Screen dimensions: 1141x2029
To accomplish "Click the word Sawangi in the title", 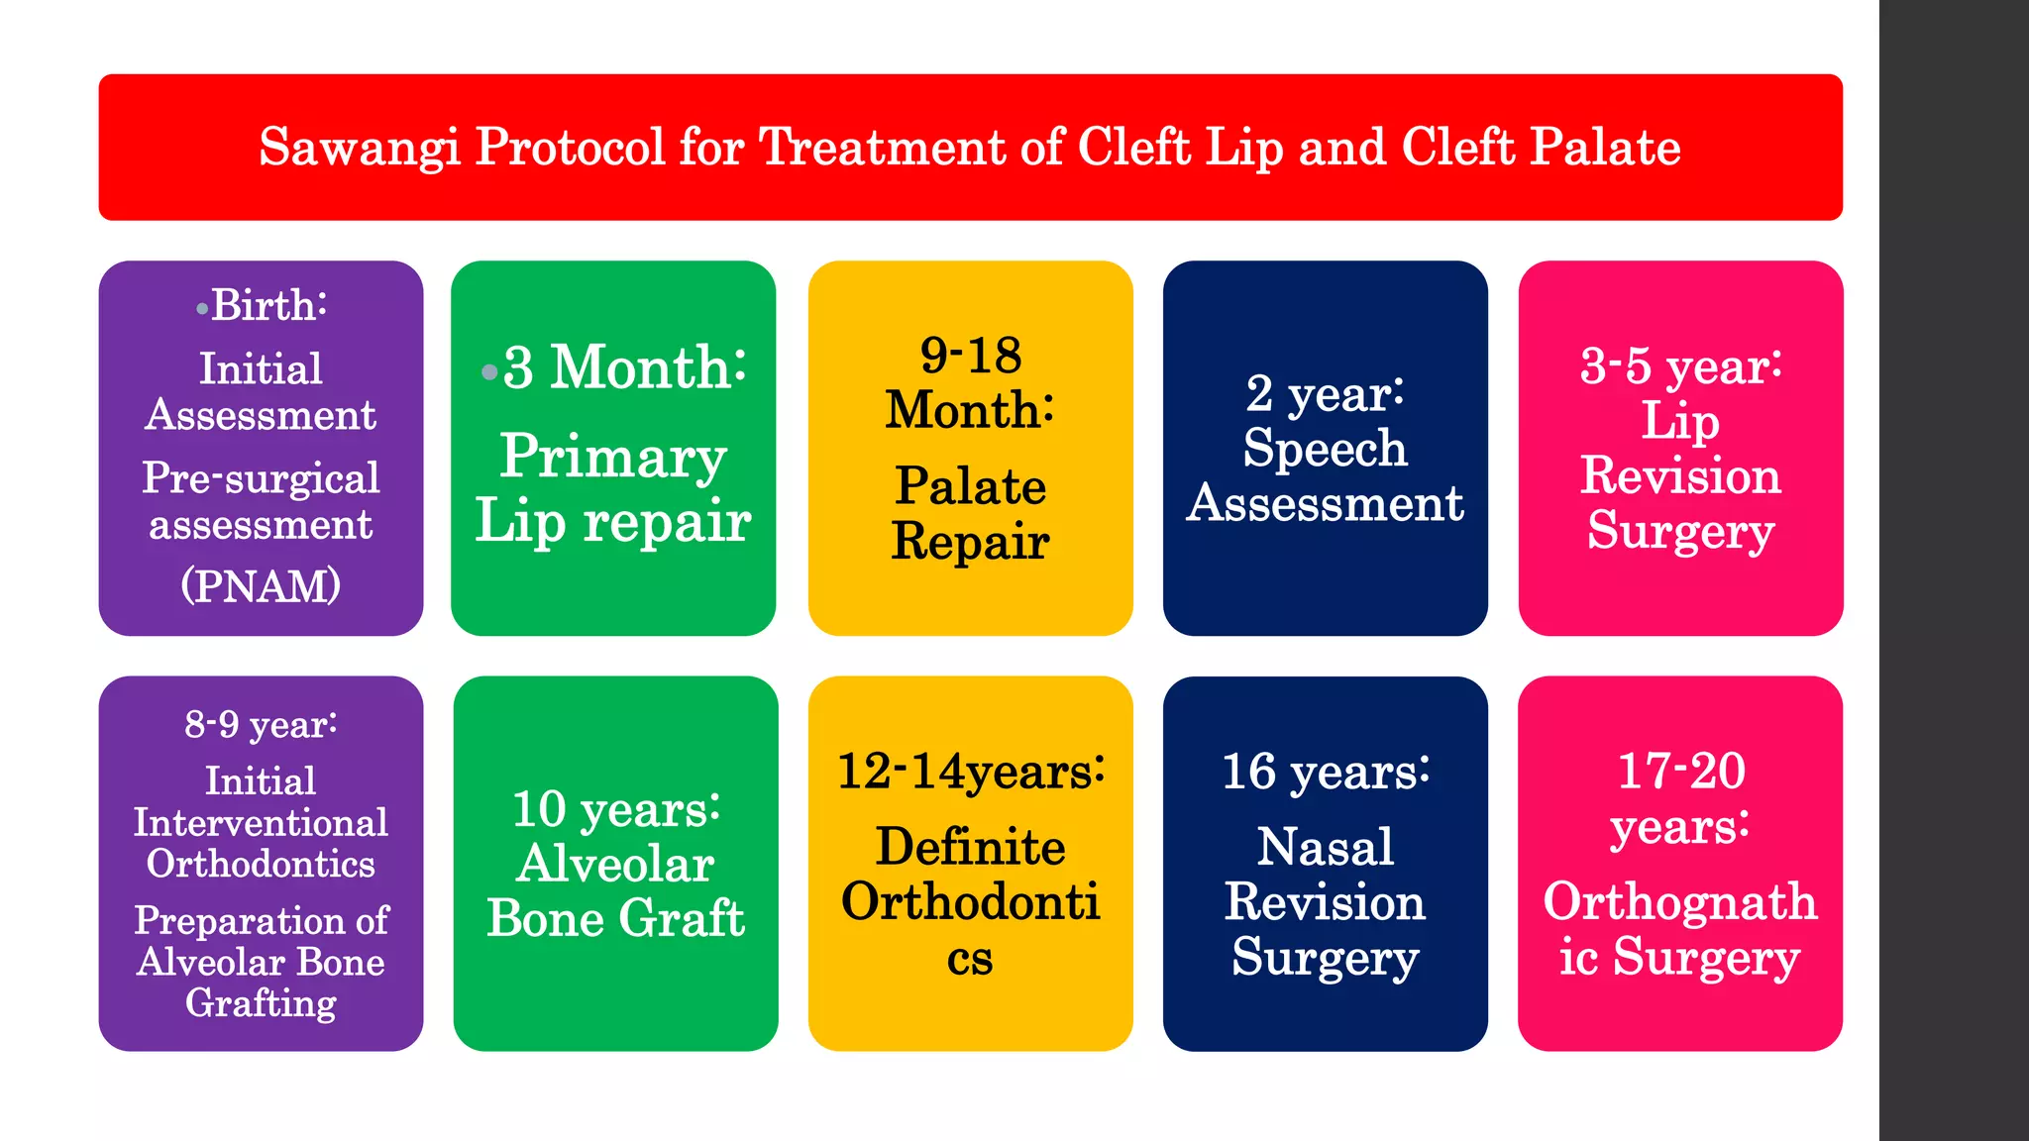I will (x=359, y=149).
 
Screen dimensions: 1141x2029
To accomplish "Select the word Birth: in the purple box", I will (x=268, y=305).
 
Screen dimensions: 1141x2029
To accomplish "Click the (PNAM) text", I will (x=261, y=585).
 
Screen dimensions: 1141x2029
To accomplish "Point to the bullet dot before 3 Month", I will (x=488, y=372).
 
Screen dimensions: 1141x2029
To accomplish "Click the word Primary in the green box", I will (x=613, y=457).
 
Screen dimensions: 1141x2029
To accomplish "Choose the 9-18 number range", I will (x=970, y=356).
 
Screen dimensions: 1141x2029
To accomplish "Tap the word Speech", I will (x=1325, y=449).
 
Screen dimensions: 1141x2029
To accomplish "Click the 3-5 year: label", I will (x=1680, y=366).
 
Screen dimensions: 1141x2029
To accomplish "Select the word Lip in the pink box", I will (x=1680, y=421).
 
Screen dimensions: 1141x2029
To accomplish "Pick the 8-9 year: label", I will (x=261, y=725).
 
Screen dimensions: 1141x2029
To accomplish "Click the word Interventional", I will (x=261, y=823).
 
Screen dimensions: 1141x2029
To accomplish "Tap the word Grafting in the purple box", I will (x=261, y=1003).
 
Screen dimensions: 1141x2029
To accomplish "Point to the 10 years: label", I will (x=615, y=809).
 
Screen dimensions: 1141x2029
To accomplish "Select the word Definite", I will (x=970, y=848).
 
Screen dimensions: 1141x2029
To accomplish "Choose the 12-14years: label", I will (x=970, y=772).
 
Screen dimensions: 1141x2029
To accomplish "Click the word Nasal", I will (x=1325, y=848).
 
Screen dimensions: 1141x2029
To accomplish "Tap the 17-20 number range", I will (x=1680, y=772).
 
